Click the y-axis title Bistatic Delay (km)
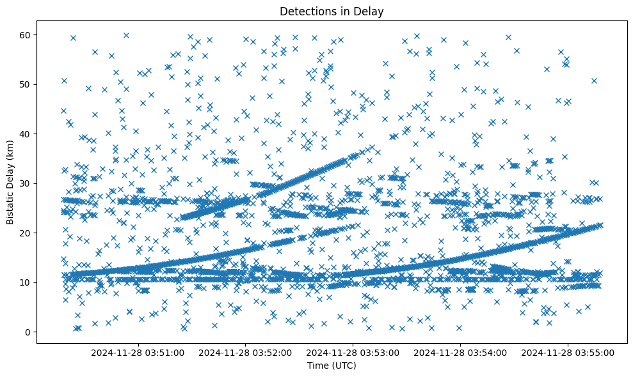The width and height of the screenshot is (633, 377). click(x=10, y=181)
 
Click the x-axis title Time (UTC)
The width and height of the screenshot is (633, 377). click(x=332, y=366)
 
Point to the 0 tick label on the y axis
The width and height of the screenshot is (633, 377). click(x=28, y=332)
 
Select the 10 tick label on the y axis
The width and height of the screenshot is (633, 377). click(x=25, y=282)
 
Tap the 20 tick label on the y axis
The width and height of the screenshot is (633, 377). click(x=25, y=233)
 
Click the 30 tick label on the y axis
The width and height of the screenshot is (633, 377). click(x=25, y=183)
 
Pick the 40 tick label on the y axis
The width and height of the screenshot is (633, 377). click(x=25, y=134)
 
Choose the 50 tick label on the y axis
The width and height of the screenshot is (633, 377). click(x=25, y=84)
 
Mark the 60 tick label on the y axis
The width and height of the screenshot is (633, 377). click(x=25, y=35)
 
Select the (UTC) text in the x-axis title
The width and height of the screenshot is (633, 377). click(x=343, y=366)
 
